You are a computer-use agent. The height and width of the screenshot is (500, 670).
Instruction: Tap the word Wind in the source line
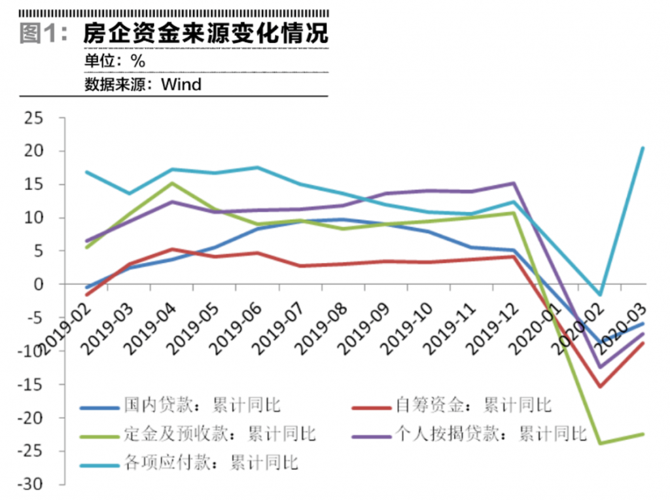point(181,84)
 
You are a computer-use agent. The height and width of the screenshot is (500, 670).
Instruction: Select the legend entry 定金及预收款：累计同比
point(219,434)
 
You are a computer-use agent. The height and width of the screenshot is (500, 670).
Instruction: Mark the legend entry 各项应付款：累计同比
point(210,463)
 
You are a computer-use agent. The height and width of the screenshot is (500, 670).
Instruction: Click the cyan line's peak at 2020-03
point(643,148)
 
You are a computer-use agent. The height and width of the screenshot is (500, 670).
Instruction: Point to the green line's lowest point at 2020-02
point(600,443)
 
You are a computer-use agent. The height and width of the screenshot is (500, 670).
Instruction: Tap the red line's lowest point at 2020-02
point(600,386)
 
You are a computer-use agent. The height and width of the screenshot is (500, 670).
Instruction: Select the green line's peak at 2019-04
point(172,183)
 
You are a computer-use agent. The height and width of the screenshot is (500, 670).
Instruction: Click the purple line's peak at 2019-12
point(514,183)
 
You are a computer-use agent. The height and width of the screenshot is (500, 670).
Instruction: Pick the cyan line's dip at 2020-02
point(600,295)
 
